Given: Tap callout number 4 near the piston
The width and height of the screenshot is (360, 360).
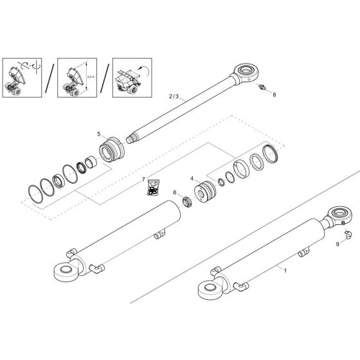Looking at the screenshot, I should click(x=192, y=178).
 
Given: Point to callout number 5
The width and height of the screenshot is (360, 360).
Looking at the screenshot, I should click(x=99, y=134).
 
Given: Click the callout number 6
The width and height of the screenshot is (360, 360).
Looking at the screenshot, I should click(x=174, y=193).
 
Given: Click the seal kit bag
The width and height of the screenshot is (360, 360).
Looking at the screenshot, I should click(x=152, y=189).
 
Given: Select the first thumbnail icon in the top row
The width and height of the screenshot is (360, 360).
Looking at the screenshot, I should click(x=22, y=78).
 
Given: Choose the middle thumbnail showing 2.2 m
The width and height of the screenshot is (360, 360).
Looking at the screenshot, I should click(x=76, y=78).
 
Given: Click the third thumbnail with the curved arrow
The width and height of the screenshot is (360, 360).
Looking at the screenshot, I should click(x=132, y=78).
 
